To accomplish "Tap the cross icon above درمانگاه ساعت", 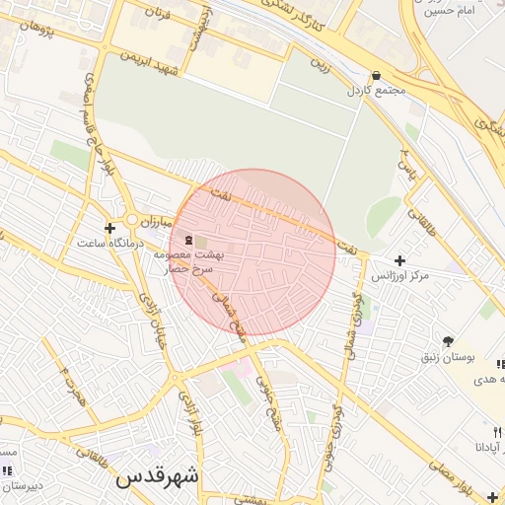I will tap(109, 228).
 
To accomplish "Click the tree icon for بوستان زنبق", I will tap(449, 340).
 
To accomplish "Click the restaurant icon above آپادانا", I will tap(497, 432).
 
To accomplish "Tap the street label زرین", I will tap(318, 66).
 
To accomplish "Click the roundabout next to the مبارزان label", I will tap(131, 219).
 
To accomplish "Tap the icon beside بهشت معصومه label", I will tap(187, 240).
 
